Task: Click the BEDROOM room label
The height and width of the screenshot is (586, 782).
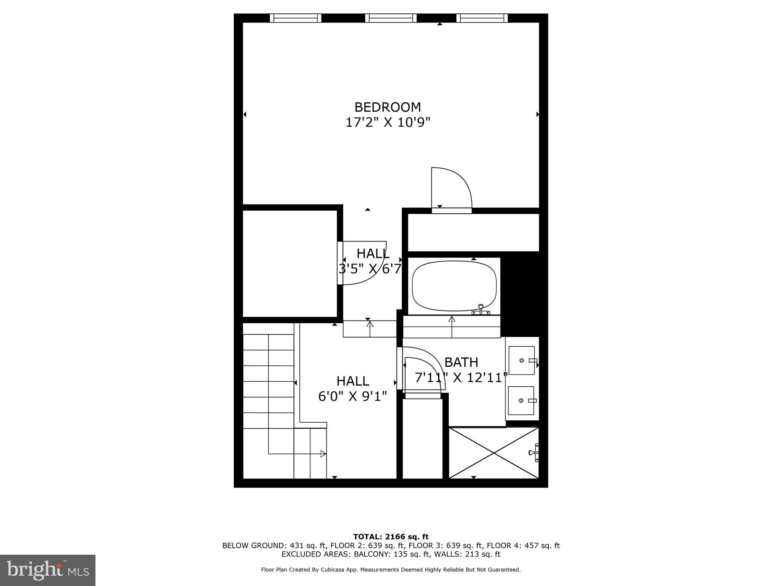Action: pyautogui.click(x=388, y=107)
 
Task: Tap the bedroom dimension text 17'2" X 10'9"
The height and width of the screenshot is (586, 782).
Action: pyautogui.click(x=388, y=123)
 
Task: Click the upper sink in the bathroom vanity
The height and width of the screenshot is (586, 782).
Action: pyautogui.click(x=522, y=361)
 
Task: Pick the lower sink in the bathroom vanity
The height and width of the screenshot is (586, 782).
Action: pyautogui.click(x=521, y=401)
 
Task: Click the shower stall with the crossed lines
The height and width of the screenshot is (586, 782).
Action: pyautogui.click(x=493, y=453)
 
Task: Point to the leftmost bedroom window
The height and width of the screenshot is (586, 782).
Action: pyautogui.click(x=296, y=18)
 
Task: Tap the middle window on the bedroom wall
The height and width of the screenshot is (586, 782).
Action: pyautogui.click(x=391, y=18)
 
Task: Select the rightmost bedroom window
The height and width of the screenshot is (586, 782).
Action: pyautogui.click(x=482, y=18)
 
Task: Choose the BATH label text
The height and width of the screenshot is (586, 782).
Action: pyautogui.click(x=461, y=362)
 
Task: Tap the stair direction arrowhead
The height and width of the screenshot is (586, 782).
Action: pyautogui.click(x=323, y=454)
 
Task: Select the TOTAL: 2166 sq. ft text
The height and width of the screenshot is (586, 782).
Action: pyautogui.click(x=391, y=537)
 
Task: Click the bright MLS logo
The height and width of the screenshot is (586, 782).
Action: pyautogui.click(x=48, y=570)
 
